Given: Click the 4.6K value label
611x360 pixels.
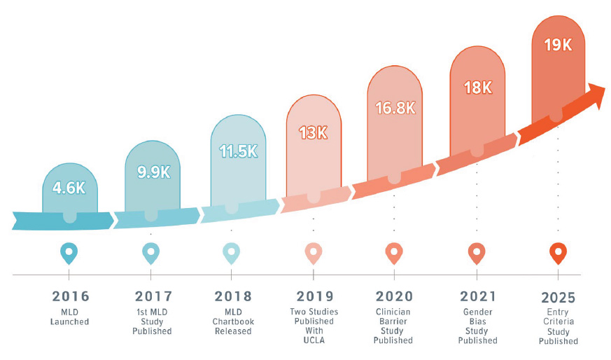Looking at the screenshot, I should [69, 187].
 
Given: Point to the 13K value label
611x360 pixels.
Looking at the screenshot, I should [313, 132].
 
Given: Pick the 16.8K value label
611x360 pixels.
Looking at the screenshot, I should [394, 108].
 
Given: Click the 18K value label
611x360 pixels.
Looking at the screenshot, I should [477, 87].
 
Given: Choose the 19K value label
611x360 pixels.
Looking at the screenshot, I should [558, 45].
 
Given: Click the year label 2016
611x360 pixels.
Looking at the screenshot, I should [69, 296].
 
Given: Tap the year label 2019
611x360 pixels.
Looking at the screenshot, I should [314, 296].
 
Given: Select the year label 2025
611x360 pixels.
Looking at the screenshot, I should [559, 296].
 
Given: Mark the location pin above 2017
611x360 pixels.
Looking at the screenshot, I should [151, 252].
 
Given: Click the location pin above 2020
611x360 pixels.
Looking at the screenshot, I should [394, 252].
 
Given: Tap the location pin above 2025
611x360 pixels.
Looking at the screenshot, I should [558, 252].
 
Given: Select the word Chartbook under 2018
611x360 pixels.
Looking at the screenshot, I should [232, 321].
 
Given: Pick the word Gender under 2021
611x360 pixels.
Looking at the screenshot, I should [477, 311].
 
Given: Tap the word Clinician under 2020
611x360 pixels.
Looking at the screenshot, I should [394, 311].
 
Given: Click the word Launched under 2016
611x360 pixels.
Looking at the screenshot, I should [69, 321].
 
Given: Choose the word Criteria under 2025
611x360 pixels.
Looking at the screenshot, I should [559, 321].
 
